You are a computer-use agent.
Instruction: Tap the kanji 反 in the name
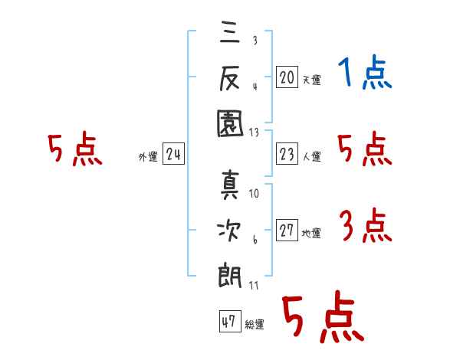[x=231, y=77]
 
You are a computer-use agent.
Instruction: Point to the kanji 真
[x=231, y=185]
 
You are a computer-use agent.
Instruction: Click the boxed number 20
[x=287, y=77]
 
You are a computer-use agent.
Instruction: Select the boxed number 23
[x=287, y=154]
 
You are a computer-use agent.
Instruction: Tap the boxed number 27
[x=287, y=231]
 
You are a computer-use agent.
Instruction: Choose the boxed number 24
[x=173, y=155]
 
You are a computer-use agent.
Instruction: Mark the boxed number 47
[x=228, y=322]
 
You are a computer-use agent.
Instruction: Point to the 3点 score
[x=364, y=226]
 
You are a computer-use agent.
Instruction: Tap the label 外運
[x=148, y=157]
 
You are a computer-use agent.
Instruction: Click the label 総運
[x=255, y=325]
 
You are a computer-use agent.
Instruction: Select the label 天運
[x=311, y=80]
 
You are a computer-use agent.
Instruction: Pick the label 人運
[x=311, y=157]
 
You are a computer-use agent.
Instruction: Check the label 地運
[x=311, y=234]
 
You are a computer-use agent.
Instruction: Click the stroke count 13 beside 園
[x=253, y=132]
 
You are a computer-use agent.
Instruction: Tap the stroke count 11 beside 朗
[x=253, y=286]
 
